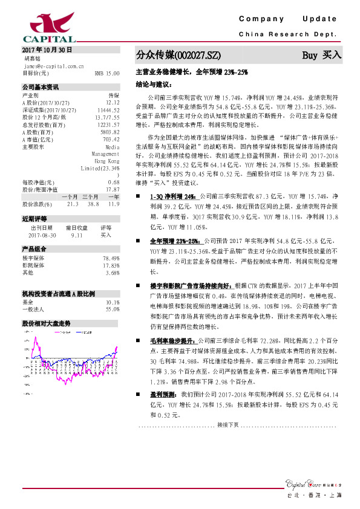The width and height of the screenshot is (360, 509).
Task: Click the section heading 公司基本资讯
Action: pyautogui.click(x=41, y=87)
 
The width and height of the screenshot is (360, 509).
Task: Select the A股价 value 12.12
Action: pyautogui.click(x=113, y=102)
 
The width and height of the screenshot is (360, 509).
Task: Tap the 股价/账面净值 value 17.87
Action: pyautogui.click(x=113, y=189)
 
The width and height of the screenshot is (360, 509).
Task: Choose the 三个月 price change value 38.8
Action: pyautogui.click(x=93, y=204)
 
